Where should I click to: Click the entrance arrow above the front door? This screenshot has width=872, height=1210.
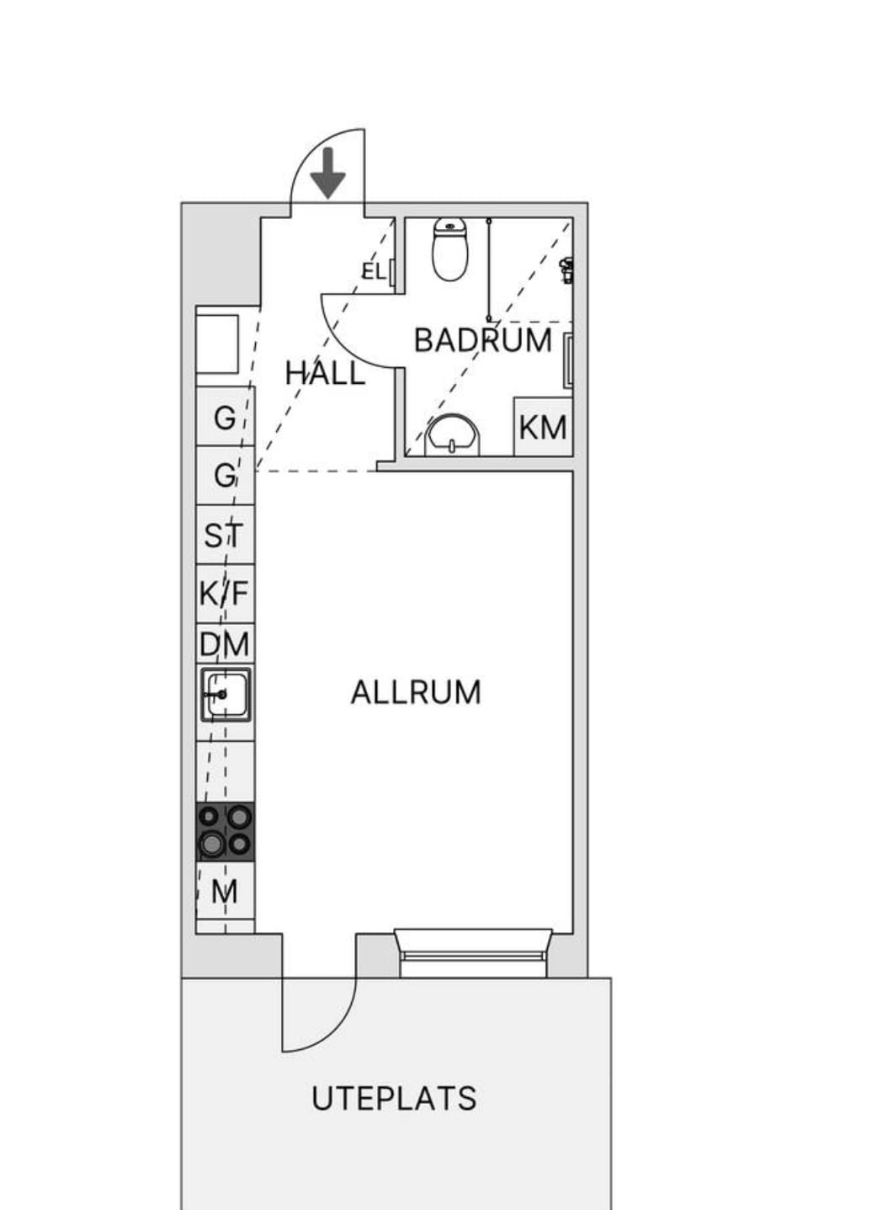click(327, 173)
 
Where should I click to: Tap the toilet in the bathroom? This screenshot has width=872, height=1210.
click(449, 249)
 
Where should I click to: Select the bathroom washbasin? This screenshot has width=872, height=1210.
click(453, 435)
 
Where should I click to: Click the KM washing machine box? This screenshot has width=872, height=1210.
click(543, 427)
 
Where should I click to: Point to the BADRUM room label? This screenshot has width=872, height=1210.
click(482, 340)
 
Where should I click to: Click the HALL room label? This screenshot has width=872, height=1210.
click(325, 373)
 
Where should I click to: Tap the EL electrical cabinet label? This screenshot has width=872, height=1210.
click(373, 272)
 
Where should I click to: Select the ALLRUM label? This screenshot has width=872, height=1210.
click(416, 692)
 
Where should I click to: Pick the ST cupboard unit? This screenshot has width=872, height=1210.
click(225, 535)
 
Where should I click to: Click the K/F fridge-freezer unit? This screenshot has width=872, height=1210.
click(225, 594)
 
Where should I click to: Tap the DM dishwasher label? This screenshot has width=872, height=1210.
click(225, 644)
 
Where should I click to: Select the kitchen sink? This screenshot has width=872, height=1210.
click(226, 694)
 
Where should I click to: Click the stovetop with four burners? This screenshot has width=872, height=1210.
click(225, 831)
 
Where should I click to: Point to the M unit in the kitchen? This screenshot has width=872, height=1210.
click(225, 892)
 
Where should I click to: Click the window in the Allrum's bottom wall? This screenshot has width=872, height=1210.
click(473, 953)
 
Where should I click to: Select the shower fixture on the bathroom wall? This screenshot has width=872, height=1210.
click(567, 270)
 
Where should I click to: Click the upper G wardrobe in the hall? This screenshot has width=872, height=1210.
click(225, 417)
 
